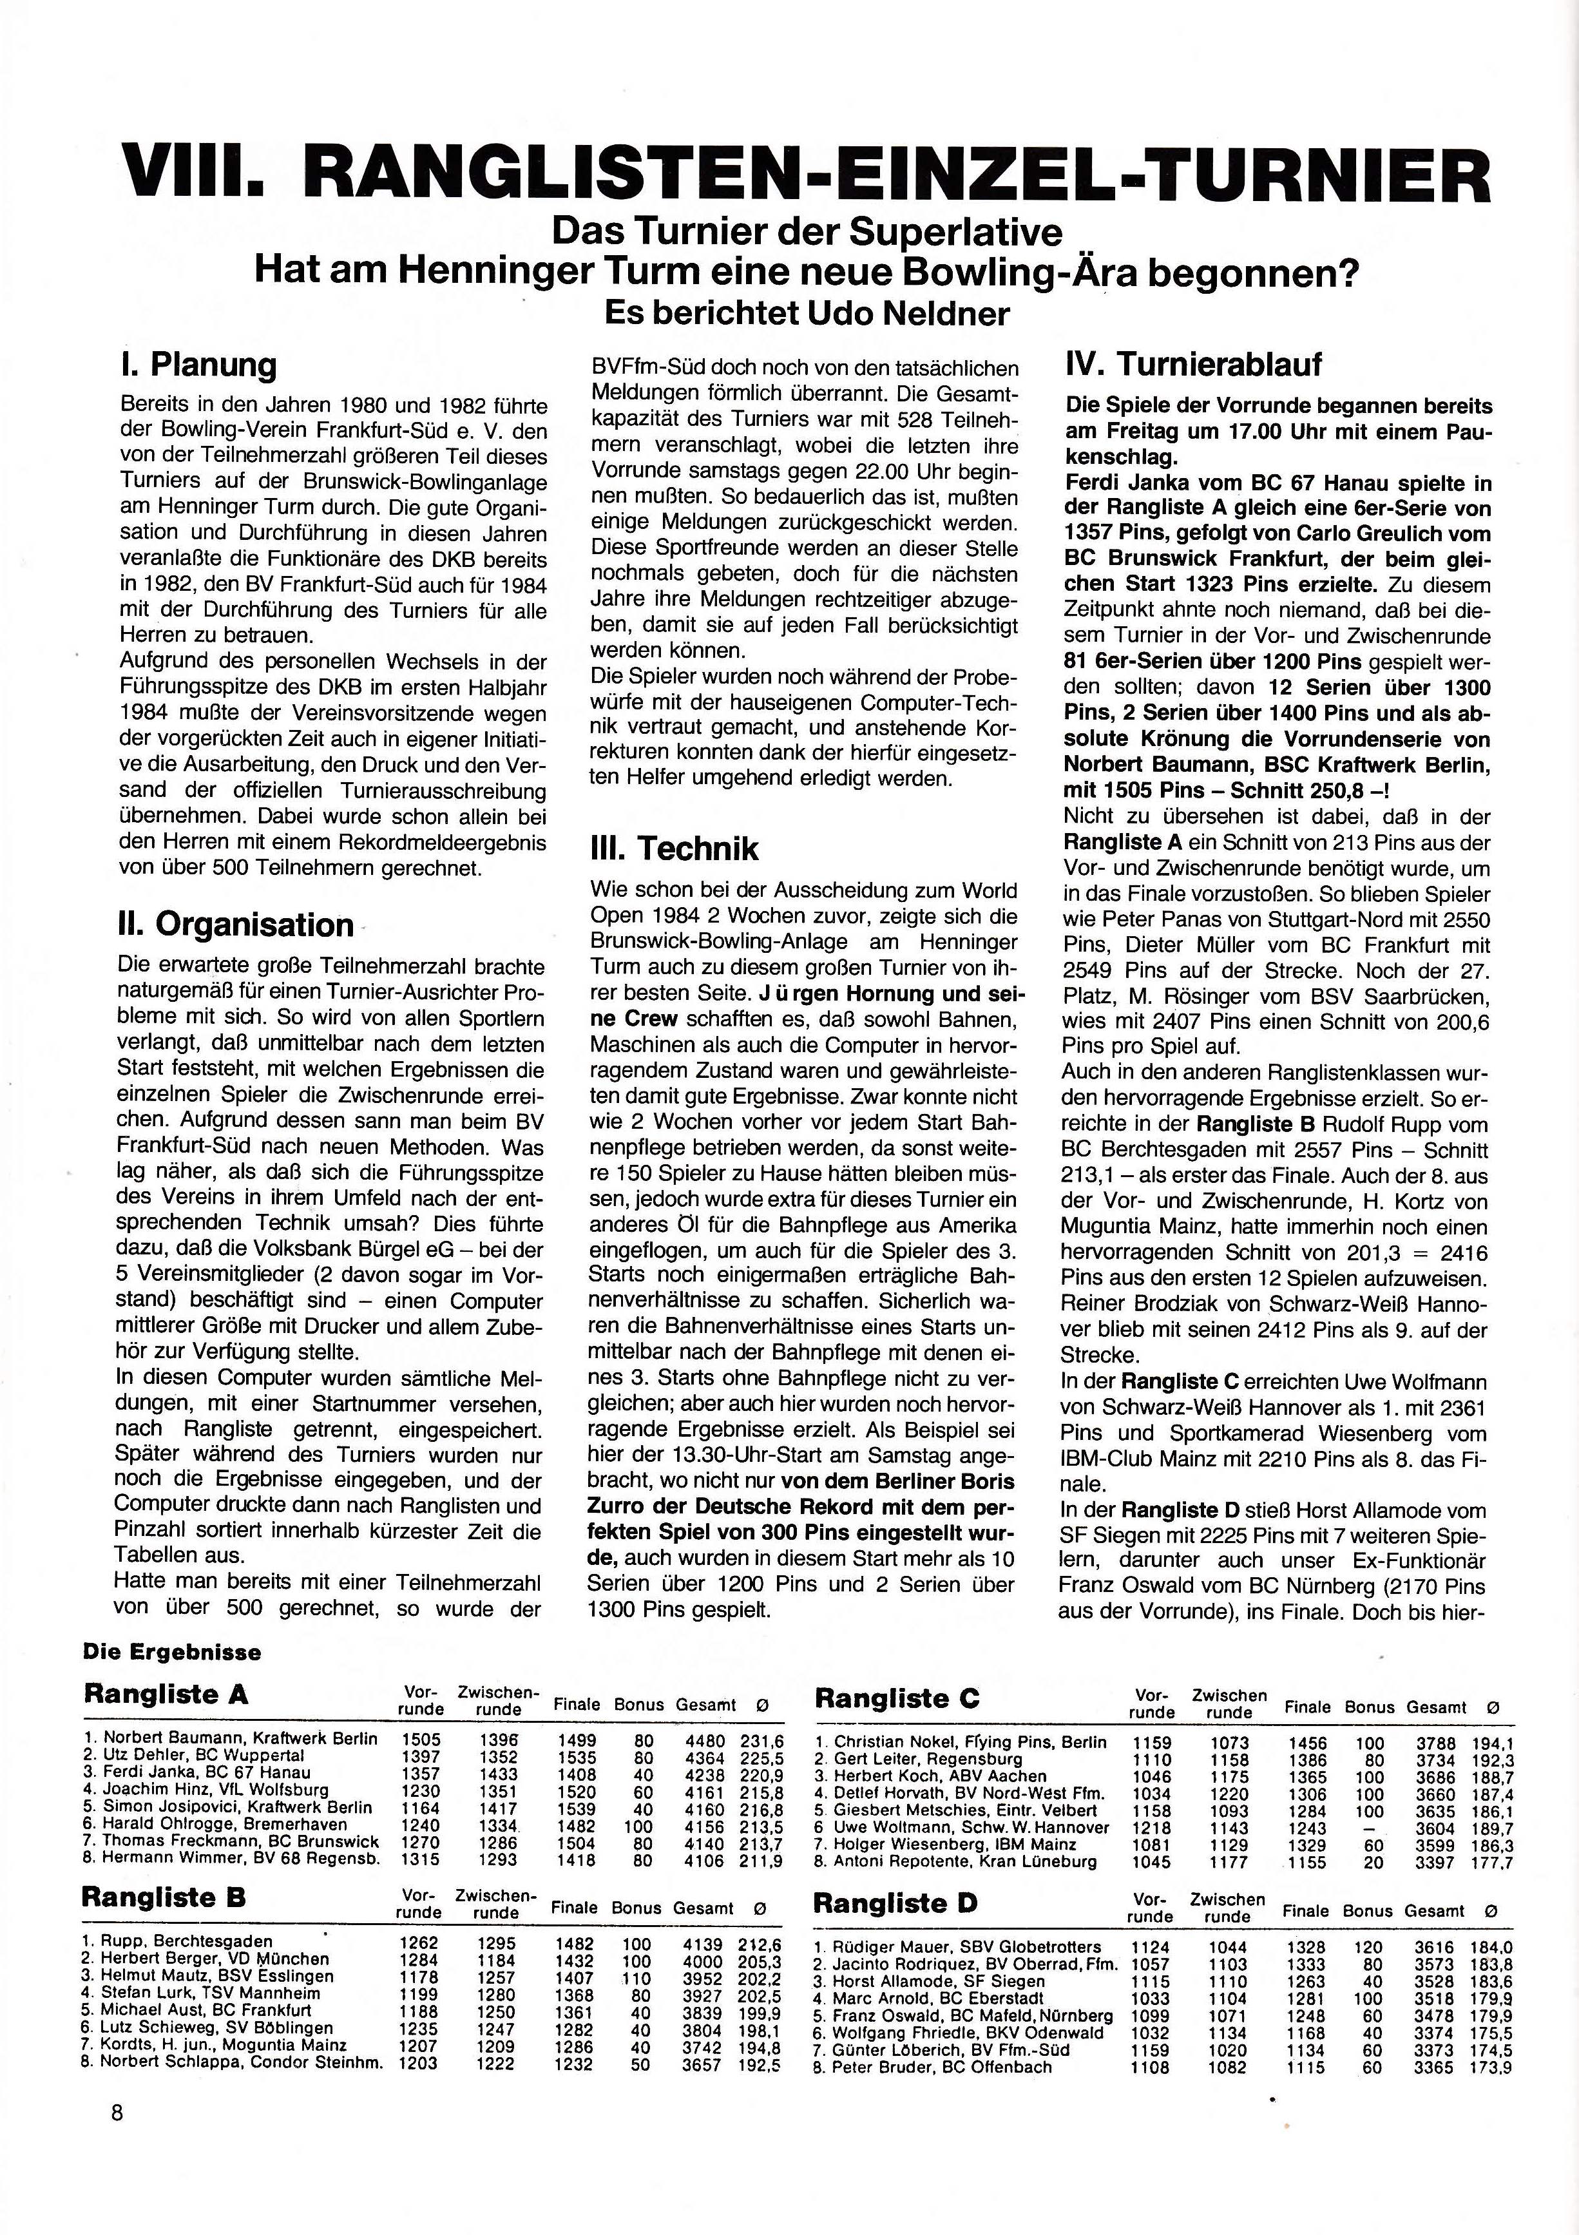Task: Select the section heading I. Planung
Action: (198, 366)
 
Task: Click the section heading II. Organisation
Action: (234, 924)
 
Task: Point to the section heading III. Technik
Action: (674, 848)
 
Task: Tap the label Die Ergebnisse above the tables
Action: (172, 1652)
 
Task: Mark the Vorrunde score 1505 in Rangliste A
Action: (421, 1740)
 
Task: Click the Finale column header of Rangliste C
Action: (1306, 1707)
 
